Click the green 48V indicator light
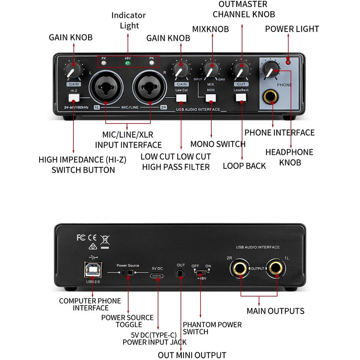click(x=128, y=63)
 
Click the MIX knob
click(x=210, y=70)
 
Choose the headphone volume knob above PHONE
click(x=271, y=70)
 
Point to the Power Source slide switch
click(x=129, y=272)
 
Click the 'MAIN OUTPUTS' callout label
click(x=275, y=311)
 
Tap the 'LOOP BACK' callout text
click(x=244, y=166)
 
